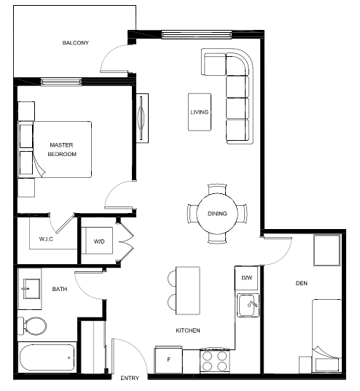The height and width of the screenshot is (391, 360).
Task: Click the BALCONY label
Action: [x=75, y=43]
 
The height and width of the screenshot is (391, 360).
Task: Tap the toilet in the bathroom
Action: [x=32, y=326]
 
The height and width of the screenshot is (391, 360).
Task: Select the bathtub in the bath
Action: [x=47, y=357]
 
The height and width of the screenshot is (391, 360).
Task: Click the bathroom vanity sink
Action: [x=31, y=289]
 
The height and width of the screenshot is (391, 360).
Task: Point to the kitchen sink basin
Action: [x=249, y=305]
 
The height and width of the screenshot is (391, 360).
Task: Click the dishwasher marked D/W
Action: [x=246, y=278]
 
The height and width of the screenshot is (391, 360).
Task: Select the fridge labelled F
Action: [x=168, y=360]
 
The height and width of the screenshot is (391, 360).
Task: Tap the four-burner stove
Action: [x=215, y=361]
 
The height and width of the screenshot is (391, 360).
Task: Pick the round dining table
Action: [x=217, y=214]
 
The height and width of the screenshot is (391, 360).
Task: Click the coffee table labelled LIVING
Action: [x=200, y=112]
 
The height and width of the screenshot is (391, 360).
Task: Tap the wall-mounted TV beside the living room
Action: [x=142, y=118]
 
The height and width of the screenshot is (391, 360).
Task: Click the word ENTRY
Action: [x=130, y=379]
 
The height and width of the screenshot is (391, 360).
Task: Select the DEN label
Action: [x=302, y=283]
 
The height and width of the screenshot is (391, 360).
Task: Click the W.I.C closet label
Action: [x=46, y=239]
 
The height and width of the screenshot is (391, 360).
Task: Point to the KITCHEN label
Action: [x=188, y=330]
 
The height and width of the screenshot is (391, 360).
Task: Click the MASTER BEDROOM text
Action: [x=62, y=150]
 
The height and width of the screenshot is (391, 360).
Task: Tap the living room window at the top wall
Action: [x=197, y=35]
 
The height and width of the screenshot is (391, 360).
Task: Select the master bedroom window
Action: [x=61, y=82]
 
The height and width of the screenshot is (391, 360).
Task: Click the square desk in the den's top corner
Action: [x=327, y=250]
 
